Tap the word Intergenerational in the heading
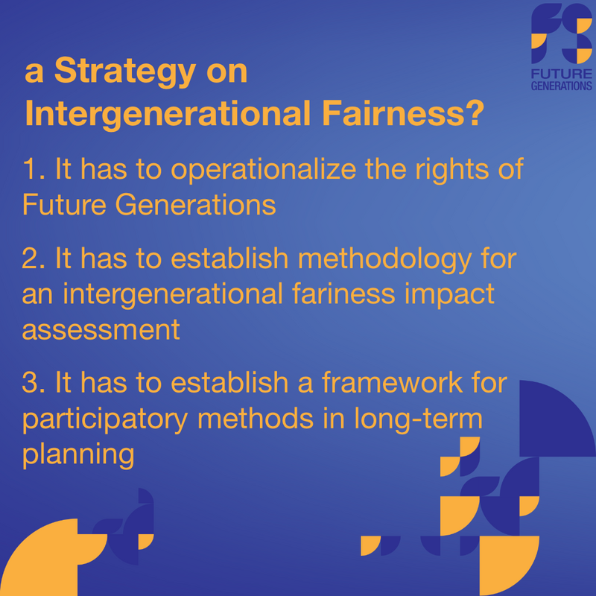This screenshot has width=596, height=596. (x=168, y=114)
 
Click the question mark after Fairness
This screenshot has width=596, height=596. (x=475, y=113)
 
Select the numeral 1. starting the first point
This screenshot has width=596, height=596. (x=34, y=169)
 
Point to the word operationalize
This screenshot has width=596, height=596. (x=264, y=170)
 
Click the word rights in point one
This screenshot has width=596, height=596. (x=452, y=170)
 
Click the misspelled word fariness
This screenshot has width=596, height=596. (x=343, y=294)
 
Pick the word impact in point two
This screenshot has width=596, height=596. (x=449, y=295)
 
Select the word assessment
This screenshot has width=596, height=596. (x=101, y=329)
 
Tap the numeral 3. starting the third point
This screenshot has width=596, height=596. (x=34, y=382)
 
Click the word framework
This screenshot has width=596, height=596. (x=393, y=381)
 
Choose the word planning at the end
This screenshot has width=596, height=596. (x=78, y=455)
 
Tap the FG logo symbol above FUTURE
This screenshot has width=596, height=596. (x=562, y=34)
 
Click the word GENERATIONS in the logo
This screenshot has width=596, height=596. (x=562, y=86)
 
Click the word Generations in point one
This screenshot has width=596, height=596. (x=195, y=204)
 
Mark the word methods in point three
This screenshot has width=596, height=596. (x=256, y=418)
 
